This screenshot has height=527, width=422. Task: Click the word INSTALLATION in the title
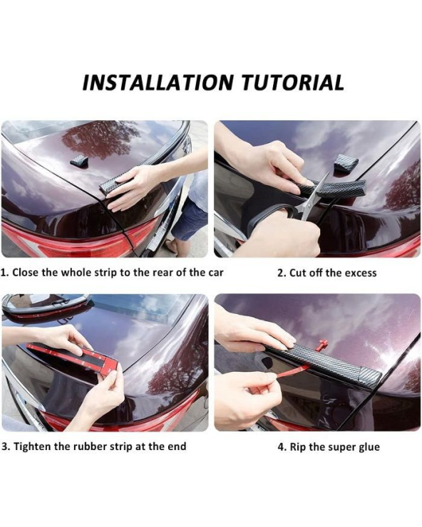coord(158,83)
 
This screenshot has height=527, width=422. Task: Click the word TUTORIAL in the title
coord(293,83)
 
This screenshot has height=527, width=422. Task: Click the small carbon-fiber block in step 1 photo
coord(79,160)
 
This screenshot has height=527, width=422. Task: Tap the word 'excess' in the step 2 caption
coord(360,273)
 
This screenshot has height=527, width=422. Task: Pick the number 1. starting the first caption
coord(5,272)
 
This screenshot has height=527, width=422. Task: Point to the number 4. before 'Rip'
coord(282,447)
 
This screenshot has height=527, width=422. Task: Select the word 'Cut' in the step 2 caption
coord(297,273)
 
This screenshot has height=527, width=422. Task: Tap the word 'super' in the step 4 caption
coord(340,448)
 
